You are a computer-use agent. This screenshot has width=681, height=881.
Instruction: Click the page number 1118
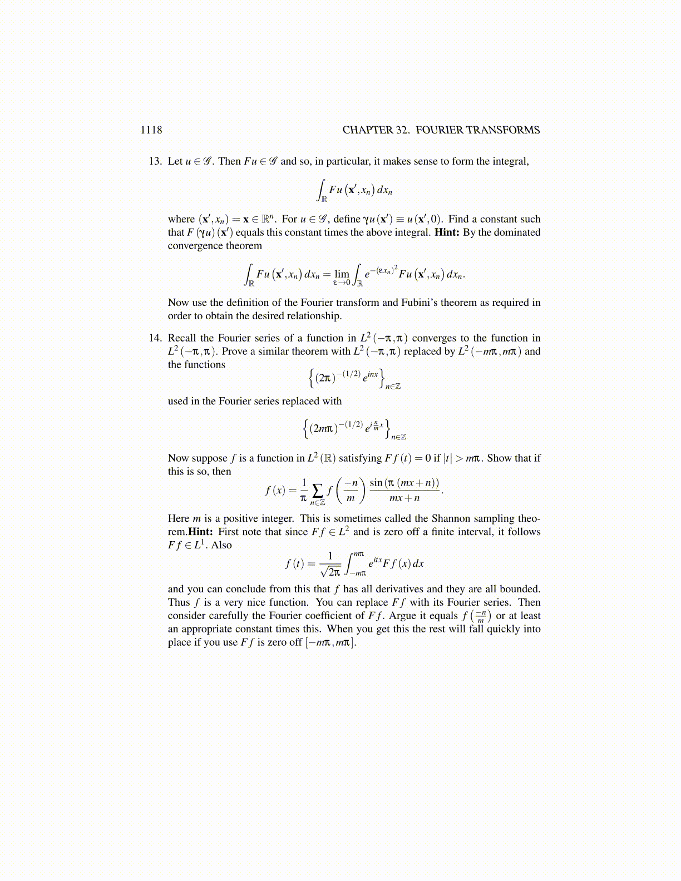[x=151, y=130]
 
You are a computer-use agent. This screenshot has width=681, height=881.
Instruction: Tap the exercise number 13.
[x=155, y=161]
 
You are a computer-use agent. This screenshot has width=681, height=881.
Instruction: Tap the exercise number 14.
[x=155, y=338]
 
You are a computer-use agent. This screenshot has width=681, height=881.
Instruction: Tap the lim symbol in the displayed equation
[x=342, y=274]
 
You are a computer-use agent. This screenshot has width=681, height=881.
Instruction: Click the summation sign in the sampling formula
[x=318, y=490]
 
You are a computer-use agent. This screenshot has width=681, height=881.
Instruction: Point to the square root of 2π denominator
[x=330, y=571]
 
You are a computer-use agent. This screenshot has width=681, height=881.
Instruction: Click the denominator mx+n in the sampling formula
[x=404, y=498]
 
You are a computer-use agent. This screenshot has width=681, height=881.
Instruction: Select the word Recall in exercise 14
[x=182, y=338]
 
